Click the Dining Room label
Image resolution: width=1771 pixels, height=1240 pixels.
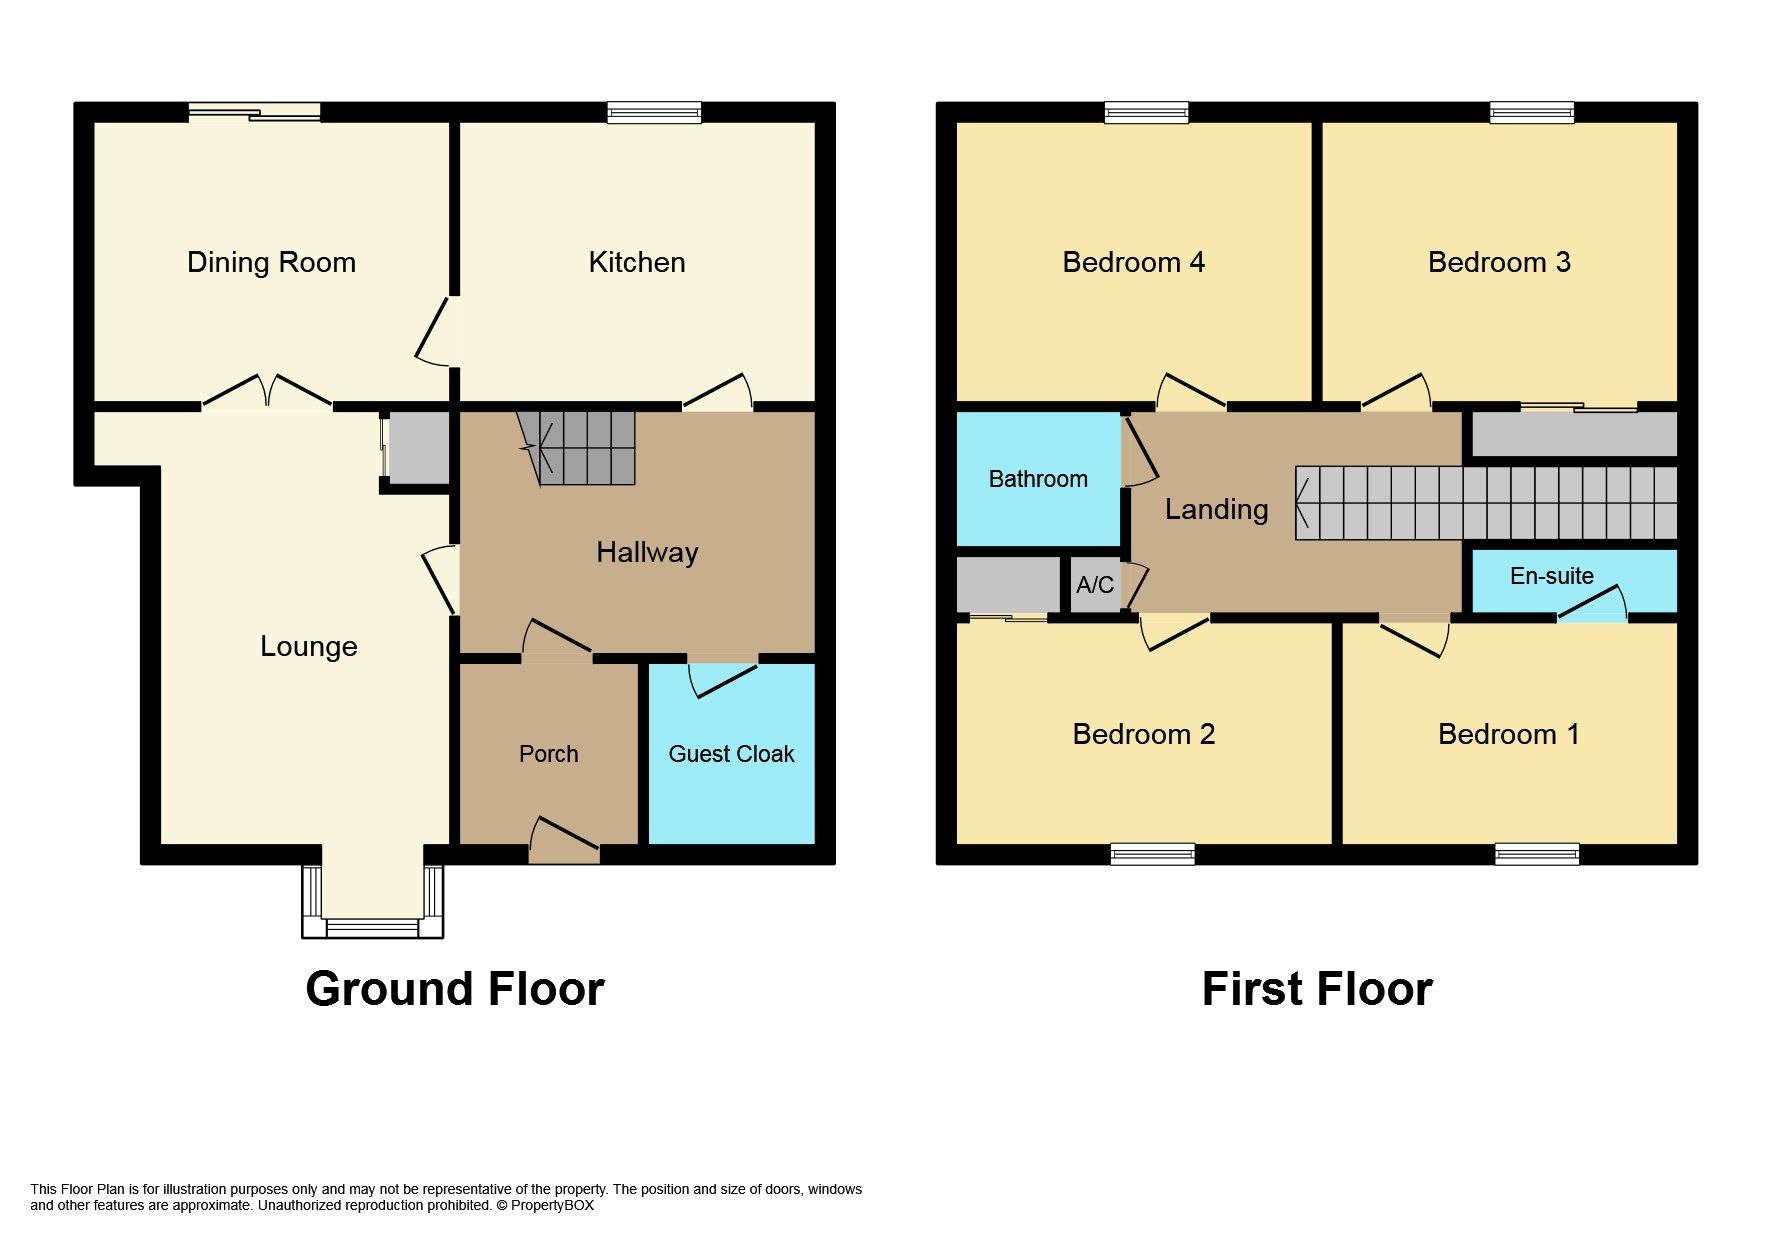[271, 262]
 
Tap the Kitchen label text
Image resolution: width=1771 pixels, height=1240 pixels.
[636, 262]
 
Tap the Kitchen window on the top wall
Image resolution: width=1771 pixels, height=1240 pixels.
[654, 113]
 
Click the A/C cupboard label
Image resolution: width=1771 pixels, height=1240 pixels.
[1094, 585]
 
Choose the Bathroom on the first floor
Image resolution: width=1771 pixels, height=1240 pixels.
[1038, 479]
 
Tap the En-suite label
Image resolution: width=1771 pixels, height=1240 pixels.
[1551, 576]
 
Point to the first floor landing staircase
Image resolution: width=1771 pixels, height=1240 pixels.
[1485, 503]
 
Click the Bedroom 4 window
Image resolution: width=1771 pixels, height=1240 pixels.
[1146, 113]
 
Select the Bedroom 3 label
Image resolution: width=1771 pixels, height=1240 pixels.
[1498, 262]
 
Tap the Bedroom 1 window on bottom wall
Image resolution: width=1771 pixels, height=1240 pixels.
[1537, 854]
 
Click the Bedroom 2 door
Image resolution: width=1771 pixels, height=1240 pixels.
[1175, 630]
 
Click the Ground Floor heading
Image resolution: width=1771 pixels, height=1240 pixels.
[454, 989]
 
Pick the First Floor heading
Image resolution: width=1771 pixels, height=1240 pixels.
[1316, 989]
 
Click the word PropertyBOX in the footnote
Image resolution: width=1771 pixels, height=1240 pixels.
[552, 1205]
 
